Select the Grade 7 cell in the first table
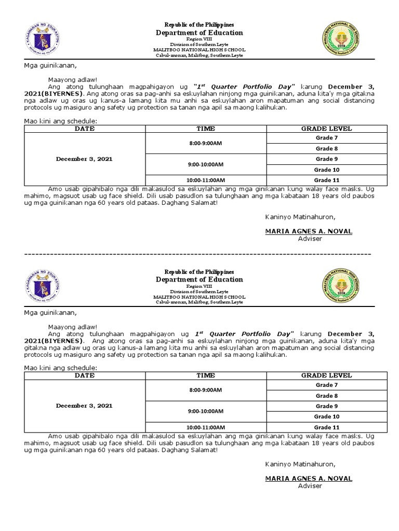[326, 138]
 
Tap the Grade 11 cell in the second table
[326, 427]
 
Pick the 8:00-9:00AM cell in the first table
[206, 143]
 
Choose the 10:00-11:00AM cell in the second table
[206, 427]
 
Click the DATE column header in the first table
[85, 129]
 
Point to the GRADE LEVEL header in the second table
[326, 375]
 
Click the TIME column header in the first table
[206, 129]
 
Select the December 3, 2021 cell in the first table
[85, 159]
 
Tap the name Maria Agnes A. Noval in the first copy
[309, 231]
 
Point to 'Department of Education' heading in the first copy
[199, 33]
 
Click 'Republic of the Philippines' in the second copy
[199, 272]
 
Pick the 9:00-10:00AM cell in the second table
[206, 411]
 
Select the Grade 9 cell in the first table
[326, 159]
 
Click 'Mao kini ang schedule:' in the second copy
[61, 368]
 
